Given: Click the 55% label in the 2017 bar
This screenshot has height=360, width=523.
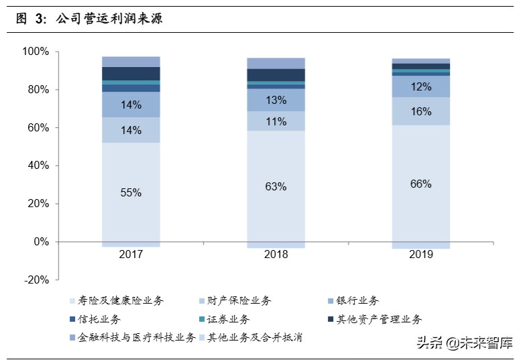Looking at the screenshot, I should pyautogui.click(x=131, y=192).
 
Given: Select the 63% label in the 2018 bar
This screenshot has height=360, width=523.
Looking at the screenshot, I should pyautogui.click(x=276, y=186).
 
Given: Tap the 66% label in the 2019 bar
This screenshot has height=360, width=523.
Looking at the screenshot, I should pyautogui.click(x=420, y=184).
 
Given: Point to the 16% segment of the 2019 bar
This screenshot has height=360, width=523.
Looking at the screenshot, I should pyautogui.click(x=420, y=111).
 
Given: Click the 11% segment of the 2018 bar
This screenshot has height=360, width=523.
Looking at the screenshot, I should pyautogui.click(x=276, y=121).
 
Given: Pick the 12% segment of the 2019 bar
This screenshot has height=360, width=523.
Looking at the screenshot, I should pyautogui.click(x=420, y=86).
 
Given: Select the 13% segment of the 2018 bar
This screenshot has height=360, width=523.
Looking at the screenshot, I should pyautogui.click(x=276, y=100).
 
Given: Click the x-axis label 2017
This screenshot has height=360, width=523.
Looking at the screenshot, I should pyautogui.click(x=131, y=255).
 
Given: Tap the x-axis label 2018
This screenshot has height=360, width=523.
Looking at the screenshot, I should pyautogui.click(x=276, y=255).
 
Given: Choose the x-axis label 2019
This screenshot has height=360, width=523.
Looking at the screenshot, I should pyautogui.click(x=420, y=255).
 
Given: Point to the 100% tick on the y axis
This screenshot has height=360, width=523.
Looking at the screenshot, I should pyautogui.click(x=35, y=52).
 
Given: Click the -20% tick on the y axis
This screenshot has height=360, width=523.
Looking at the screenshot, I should pyautogui.click(x=35, y=280).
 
